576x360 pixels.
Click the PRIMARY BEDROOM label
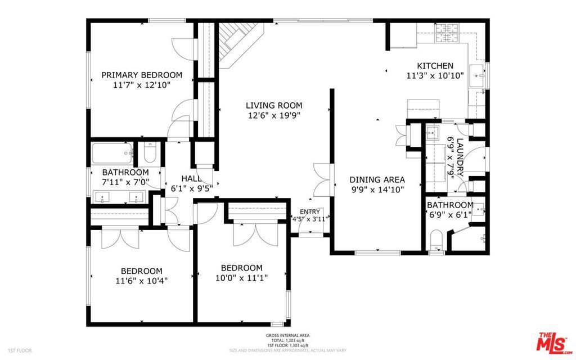pyautogui.click(x=142, y=75)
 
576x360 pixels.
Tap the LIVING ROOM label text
pyautogui.click(x=274, y=105)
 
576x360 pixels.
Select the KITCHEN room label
pyautogui.click(x=435, y=66)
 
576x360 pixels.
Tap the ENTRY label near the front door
pyautogui.click(x=309, y=211)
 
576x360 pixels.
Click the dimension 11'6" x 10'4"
pyautogui.click(x=141, y=280)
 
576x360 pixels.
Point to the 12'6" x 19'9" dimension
pyautogui.click(x=274, y=115)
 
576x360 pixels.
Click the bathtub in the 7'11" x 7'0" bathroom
pyautogui.click(x=112, y=152)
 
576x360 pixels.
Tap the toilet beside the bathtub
pyautogui.click(x=150, y=152)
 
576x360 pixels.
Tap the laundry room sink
pyautogui.click(x=432, y=134)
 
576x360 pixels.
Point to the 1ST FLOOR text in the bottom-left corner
pyautogui.click(x=20, y=350)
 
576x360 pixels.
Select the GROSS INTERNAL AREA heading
pyautogui.click(x=287, y=336)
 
